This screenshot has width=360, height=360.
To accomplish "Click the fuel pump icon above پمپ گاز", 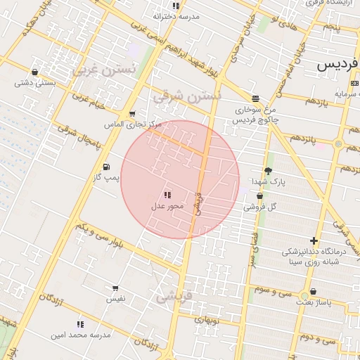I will point(106,167).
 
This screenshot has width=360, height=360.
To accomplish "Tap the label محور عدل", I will point(167,206).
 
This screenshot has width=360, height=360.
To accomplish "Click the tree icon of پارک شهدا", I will point(268,170).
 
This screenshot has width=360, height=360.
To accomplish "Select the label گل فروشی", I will point(259,207).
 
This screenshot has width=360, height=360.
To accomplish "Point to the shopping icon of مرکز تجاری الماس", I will point(131,114).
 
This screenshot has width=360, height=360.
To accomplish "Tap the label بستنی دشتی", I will point(35,82).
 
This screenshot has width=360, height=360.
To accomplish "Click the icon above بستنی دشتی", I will point(35,72).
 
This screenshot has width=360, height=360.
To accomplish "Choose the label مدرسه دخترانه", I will point(176,15).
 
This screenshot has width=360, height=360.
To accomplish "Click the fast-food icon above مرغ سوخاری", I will point(255,98).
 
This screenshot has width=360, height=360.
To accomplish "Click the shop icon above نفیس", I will point(115,288).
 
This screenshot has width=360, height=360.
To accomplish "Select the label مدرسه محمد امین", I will point(80,335).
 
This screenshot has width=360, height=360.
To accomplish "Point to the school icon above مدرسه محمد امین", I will point(80,324).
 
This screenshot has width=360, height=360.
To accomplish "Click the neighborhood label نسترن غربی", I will point(103,70).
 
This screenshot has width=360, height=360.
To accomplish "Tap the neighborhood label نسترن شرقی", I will point(187,94).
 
